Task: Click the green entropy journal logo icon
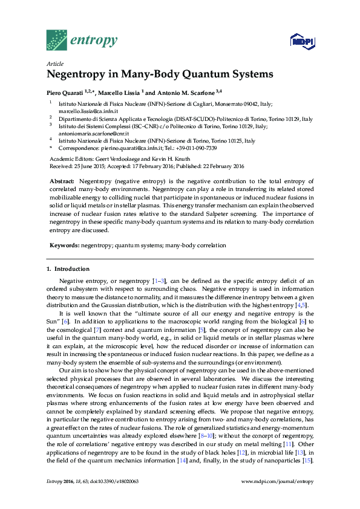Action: pyautogui.click(x=57, y=40)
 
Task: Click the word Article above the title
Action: pyautogui.click(x=55, y=63)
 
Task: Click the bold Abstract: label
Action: pyautogui.click(x=62, y=181)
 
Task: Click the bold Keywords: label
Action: pyautogui.click(x=64, y=246)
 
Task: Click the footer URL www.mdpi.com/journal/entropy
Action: pyautogui.click(x=277, y=498)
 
